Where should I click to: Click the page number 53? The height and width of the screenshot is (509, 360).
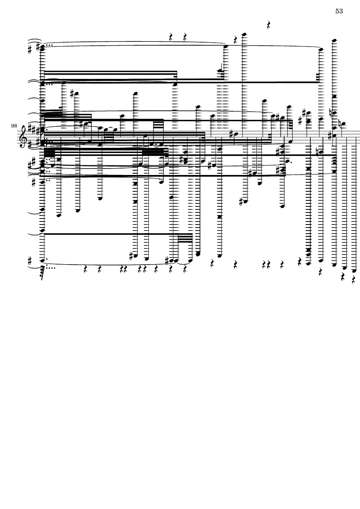point(339,11)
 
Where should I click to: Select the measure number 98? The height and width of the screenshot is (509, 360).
point(14,125)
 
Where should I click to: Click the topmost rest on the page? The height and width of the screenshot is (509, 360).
point(269,25)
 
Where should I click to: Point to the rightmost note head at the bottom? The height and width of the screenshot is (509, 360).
point(354,270)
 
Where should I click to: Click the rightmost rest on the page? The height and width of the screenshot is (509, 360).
point(354,279)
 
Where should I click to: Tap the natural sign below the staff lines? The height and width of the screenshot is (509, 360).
point(318,152)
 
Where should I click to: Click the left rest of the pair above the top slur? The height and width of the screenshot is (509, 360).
point(171,37)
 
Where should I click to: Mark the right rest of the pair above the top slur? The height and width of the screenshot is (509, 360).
point(185,37)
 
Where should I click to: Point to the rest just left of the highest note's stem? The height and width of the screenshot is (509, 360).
point(236,40)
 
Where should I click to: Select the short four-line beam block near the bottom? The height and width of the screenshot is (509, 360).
point(185,239)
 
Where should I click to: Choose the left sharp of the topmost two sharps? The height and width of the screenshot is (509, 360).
point(30,50)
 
